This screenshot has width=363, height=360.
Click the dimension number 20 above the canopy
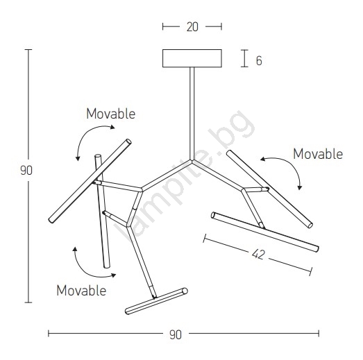click(192, 27)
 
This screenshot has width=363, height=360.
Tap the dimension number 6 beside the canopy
click(259, 60)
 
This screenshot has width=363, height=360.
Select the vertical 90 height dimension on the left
click(26, 171)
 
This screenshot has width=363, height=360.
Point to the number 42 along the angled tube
click(258, 255)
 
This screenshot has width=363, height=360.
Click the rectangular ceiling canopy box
click(192, 58)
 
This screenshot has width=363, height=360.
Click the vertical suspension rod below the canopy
click(192, 113)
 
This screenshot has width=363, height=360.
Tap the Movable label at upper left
click(110, 114)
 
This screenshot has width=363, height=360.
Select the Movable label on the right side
click(318, 154)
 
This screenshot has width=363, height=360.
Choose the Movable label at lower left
click(81, 291)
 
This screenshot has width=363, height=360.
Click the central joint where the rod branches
click(192, 160)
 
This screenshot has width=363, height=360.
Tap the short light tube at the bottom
click(156, 301)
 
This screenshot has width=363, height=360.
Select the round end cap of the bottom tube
click(185, 291)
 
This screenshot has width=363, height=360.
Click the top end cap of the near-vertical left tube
click(98, 156)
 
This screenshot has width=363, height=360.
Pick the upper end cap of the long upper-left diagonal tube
click(128, 142)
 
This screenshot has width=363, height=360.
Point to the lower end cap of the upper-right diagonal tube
click(310, 225)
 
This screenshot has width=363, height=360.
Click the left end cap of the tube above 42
click(213, 215)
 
